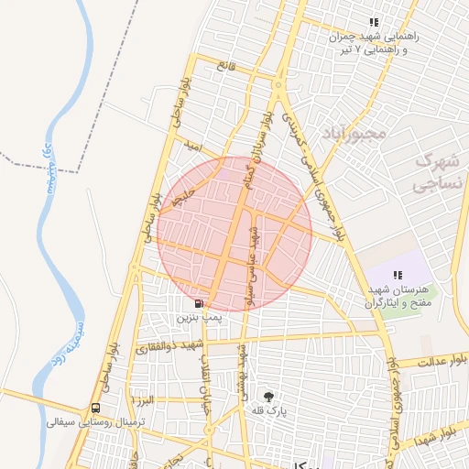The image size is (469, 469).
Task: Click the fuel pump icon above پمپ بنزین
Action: click(x=200, y=303)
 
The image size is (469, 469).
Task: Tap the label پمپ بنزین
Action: click(x=199, y=318)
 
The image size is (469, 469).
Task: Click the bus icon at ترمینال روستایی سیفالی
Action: click(x=95, y=409)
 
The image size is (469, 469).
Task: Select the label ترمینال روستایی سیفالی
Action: click(x=83, y=422)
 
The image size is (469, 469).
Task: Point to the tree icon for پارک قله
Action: click(x=268, y=397)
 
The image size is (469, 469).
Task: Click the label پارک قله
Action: click(x=268, y=412)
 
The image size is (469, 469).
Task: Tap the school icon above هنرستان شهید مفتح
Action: click(x=398, y=275)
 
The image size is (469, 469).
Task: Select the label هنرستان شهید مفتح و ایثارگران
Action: click(x=401, y=295)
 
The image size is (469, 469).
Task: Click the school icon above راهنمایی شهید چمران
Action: click(x=373, y=22)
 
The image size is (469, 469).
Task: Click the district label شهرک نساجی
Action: click(x=441, y=171)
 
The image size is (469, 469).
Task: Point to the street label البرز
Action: click(x=144, y=400)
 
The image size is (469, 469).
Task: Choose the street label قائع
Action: click(x=225, y=65)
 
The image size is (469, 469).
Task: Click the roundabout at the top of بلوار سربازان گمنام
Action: click(x=278, y=85)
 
